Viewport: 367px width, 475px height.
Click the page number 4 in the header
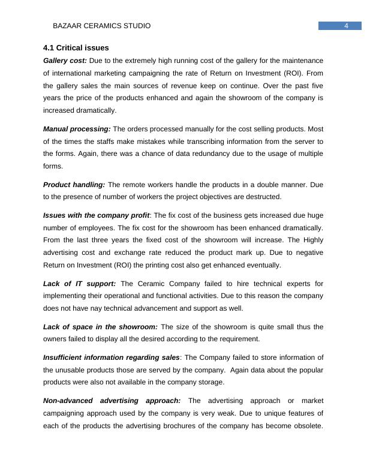coord(347,26)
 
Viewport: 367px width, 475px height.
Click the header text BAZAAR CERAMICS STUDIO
coord(102,26)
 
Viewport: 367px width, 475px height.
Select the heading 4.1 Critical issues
coord(76,47)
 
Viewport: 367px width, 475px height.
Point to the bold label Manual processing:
coord(77,128)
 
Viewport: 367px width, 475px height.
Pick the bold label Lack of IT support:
coord(79,283)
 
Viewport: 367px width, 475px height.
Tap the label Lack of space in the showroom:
coord(100,327)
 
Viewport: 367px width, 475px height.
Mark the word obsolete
coord(306,426)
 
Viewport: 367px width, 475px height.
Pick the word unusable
coord(70,370)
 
